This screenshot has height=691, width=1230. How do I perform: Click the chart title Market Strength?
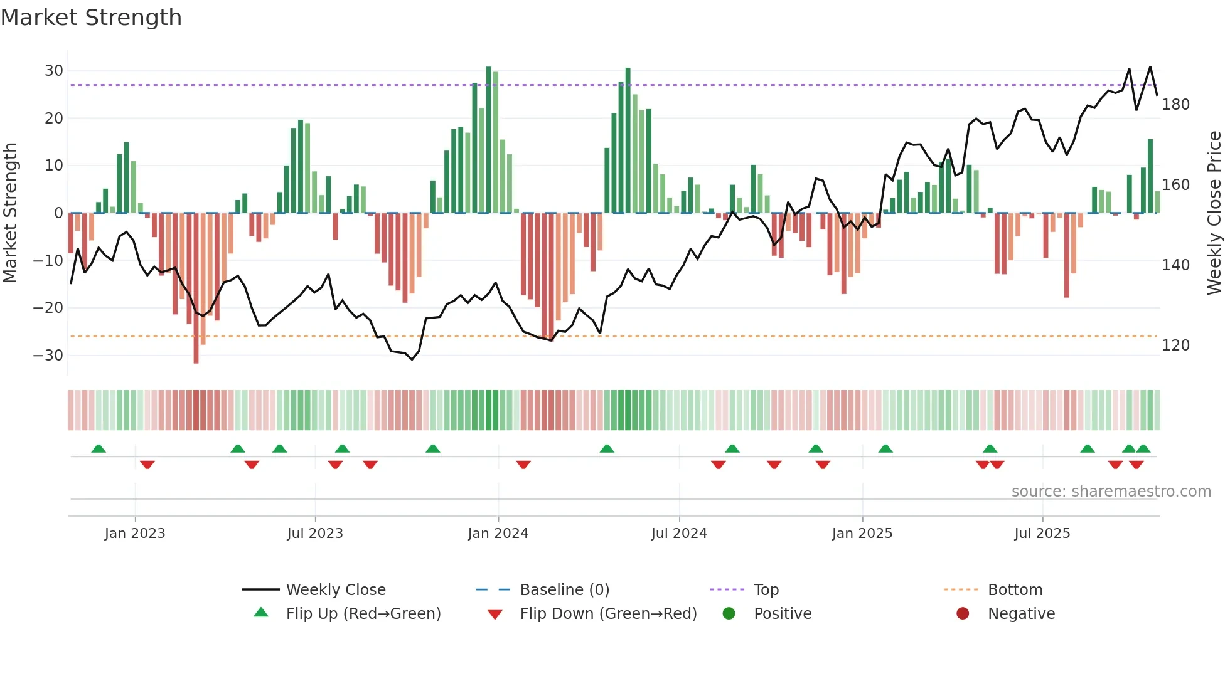pyautogui.click(x=91, y=18)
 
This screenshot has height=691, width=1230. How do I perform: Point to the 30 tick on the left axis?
pyautogui.click(x=54, y=71)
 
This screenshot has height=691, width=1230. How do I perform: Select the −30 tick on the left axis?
pyautogui.click(x=48, y=356)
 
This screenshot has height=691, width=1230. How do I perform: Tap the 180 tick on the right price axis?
pyautogui.click(x=1175, y=105)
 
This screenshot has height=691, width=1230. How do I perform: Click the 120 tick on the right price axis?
pyautogui.click(x=1175, y=345)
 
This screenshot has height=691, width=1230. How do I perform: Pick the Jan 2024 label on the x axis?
pyautogui.click(x=498, y=534)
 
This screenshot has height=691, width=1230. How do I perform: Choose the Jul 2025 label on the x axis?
pyautogui.click(x=1042, y=534)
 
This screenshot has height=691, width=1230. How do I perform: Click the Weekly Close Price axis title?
pyautogui.click(x=1214, y=213)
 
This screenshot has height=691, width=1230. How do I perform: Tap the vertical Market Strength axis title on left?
pyautogui.click(x=10, y=213)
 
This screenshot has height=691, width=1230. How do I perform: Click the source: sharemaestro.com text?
pyautogui.click(x=1111, y=492)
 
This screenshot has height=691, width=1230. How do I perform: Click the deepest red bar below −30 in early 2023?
pyautogui.click(x=196, y=288)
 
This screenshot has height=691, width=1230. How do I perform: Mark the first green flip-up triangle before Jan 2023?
pyautogui.click(x=99, y=448)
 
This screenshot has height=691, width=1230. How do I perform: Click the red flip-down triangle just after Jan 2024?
pyautogui.click(x=523, y=465)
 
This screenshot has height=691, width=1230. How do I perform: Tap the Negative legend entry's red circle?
pyautogui.click(x=962, y=614)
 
